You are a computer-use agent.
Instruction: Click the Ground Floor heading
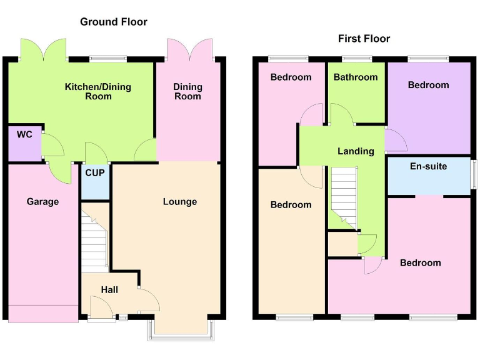pos(114,22)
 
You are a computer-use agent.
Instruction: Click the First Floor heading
pos(364,39)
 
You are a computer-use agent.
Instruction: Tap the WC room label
pos(24,134)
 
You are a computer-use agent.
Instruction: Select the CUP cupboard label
pos(95,173)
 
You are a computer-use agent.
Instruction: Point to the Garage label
pos(42,202)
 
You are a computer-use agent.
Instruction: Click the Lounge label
pos(180,201)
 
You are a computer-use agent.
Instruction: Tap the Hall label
pos(110,290)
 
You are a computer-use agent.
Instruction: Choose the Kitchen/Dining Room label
pos(98,91)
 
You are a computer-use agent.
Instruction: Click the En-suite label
pos(428,167)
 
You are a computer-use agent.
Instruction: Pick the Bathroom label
pos(356,77)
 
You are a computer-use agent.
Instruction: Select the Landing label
pos(356,151)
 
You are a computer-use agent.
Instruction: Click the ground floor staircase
pos(94,240)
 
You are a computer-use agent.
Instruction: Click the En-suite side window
pos(474,174)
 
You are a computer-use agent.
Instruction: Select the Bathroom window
pos(356,59)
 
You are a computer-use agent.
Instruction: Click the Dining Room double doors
pos(189,49)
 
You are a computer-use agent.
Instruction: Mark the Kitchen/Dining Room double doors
pos(43,49)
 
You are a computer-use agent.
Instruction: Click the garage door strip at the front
pos(43,313)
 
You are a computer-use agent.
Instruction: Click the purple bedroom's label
pos(428,85)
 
